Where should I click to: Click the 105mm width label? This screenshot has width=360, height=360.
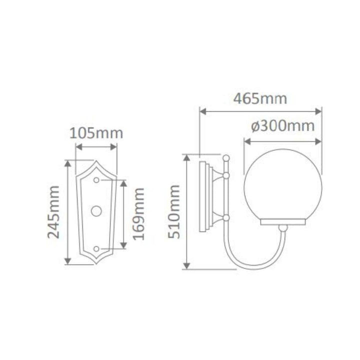96,133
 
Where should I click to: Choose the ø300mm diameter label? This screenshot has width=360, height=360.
282,125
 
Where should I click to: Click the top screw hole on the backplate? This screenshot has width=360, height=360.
96,179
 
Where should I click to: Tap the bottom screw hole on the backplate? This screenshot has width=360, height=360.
96,248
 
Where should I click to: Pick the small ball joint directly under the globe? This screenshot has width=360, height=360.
283,228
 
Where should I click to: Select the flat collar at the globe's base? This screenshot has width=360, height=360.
282,220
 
